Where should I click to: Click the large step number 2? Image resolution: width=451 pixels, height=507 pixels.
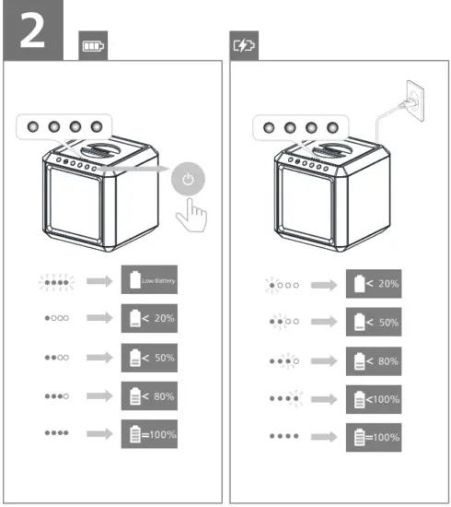point(32,31)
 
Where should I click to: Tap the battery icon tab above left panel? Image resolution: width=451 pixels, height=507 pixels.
point(93,45)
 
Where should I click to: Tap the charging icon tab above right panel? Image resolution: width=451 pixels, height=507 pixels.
point(244,45)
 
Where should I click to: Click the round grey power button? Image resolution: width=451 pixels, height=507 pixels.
point(188,180)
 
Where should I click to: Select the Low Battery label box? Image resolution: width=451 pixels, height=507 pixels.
point(148,279)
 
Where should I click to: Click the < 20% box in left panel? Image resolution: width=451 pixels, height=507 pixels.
point(148,318)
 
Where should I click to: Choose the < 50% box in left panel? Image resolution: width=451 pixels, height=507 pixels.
point(148,357)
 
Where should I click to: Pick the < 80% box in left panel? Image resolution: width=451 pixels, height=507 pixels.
point(148,395)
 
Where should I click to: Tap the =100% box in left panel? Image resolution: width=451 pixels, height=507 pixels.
point(148,433)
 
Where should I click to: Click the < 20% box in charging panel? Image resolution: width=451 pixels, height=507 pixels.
point(374,283)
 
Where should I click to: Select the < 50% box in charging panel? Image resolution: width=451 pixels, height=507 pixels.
point(374,322)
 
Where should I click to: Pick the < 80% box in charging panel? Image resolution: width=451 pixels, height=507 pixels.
point(374,360)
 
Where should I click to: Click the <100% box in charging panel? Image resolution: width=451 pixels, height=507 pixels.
point(374,399)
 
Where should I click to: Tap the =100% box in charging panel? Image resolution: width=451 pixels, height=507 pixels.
point(374,438)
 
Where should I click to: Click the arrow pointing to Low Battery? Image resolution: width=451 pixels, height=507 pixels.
point(98,280)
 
